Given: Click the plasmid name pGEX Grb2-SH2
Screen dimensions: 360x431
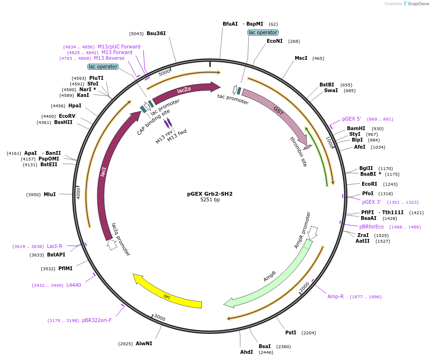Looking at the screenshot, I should (210, 194).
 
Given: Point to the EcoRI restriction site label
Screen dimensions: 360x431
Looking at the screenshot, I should (369, 184).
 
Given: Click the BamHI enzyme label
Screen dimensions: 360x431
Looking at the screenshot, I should (356, 129).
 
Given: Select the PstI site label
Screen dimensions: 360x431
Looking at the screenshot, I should (290, 332).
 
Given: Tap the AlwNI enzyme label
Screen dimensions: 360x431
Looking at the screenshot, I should (144, 343).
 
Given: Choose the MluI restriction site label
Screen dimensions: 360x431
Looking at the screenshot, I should (50, 194).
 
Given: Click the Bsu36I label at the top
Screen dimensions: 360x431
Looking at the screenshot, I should (156, 33).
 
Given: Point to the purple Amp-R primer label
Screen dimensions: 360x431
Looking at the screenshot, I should (336, 296).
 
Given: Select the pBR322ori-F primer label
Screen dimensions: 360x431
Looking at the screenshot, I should (97, 320).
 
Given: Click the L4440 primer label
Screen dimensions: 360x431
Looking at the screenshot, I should (74, 285).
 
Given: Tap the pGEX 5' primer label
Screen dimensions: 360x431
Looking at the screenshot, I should (352, 119).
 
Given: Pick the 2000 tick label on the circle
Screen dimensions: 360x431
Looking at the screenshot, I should (305, 286).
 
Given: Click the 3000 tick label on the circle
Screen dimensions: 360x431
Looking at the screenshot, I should (159, 317).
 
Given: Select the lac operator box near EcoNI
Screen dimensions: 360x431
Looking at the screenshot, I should (262, 32).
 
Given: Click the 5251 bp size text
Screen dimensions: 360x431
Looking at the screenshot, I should (210, 200).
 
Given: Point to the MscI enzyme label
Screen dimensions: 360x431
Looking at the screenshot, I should (301, 58).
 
